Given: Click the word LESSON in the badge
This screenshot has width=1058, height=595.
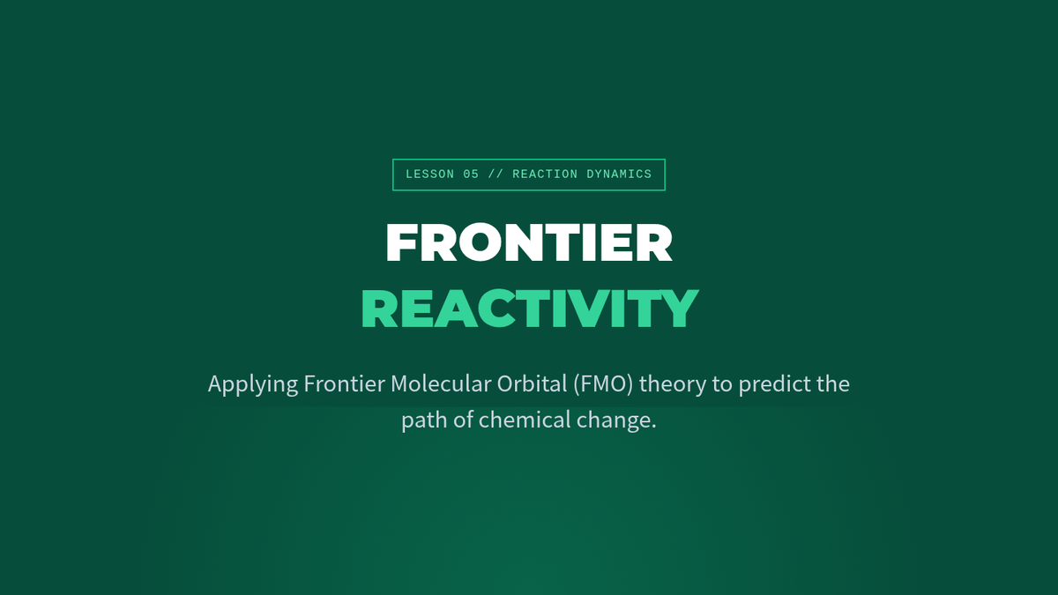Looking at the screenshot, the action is point(430,175).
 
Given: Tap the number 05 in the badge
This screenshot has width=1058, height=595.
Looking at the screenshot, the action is point(471,175).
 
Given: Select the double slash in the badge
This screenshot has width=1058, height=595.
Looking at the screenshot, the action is point(495,175).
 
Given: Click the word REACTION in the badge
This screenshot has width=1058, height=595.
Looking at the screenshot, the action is point(545,175).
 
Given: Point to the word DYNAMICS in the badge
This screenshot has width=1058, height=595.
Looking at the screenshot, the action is point(619,175).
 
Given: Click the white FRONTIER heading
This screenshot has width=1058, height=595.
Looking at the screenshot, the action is point(529,242).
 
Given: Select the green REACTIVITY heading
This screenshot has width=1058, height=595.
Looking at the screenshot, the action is point(530,308).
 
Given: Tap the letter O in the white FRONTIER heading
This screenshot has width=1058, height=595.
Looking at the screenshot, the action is point(480,242).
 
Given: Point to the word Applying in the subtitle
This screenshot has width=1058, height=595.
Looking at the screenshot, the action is point(253,384).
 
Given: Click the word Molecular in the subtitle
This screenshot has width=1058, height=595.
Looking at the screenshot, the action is point(441,383).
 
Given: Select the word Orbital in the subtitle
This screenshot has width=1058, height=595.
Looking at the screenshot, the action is point(532,383).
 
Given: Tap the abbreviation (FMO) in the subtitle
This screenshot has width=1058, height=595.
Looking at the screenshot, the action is point(603,384).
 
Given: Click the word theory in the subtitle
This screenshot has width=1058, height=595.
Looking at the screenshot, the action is point(673,384).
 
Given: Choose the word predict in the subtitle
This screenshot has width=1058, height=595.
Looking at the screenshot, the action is point(775,384).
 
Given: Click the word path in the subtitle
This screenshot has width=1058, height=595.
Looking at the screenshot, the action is point(425,420).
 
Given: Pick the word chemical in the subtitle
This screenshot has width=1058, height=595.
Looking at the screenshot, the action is point(525,420).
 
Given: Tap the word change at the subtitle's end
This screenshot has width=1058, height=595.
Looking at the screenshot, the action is point(614,420).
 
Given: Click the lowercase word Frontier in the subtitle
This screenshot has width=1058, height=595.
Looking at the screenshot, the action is point(345,383).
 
